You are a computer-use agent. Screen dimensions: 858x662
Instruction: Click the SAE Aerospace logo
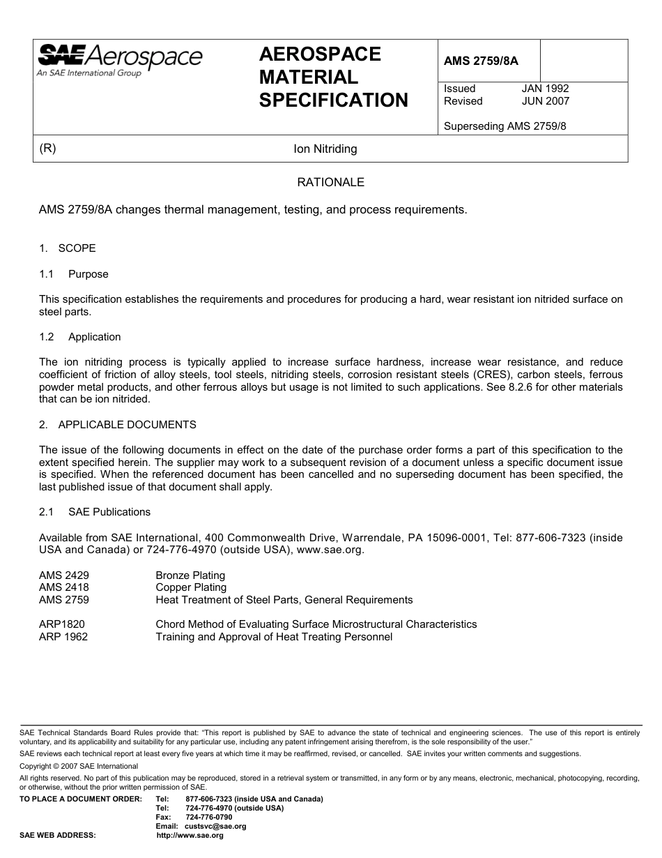119,59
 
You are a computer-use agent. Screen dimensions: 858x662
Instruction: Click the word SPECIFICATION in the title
334,100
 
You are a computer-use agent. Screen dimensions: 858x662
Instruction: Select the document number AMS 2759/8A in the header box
481,61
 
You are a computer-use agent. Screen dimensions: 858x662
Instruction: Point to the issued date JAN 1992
545,89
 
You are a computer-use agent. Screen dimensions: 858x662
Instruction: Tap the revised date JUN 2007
545,101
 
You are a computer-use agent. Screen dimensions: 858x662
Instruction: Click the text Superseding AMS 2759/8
505,127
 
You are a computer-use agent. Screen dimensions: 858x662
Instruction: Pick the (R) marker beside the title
48,149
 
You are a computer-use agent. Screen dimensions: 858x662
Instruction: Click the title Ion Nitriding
325,149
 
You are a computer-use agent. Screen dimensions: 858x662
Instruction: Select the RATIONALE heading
330,183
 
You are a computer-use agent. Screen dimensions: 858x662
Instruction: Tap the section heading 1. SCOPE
68,248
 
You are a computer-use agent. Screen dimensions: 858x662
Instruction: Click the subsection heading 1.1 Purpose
74,274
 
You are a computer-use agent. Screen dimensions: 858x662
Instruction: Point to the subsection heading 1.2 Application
80,337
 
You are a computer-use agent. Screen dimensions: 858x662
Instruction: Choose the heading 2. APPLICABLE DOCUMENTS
118,425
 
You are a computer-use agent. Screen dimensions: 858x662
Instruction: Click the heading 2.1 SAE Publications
95,512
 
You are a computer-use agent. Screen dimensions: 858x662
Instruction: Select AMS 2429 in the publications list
64,575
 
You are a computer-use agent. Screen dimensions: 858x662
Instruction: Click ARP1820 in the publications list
62,624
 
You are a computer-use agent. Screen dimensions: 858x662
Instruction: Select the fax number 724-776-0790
209,818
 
